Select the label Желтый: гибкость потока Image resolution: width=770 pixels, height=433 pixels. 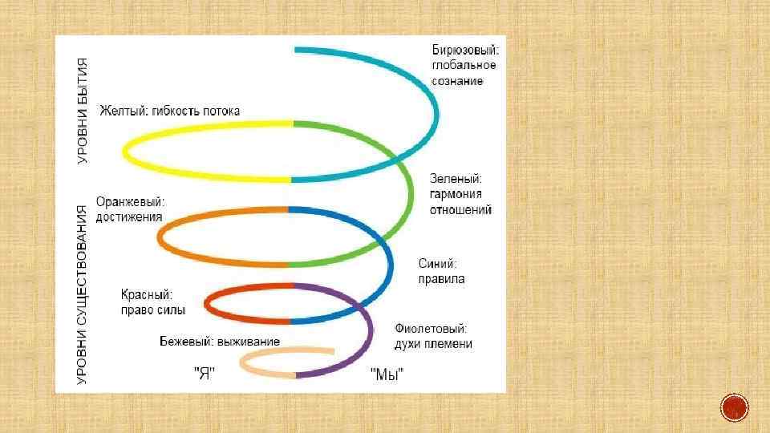[169, 111]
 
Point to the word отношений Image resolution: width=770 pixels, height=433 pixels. [461, 209]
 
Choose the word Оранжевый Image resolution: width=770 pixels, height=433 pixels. [130, 202]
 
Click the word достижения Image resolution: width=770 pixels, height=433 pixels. [129, 216]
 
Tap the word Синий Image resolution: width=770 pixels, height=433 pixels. [438, 263]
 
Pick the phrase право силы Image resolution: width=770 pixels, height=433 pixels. [153, 310]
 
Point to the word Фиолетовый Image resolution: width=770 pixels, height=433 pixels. [431, 329]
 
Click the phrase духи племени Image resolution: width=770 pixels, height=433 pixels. [433, 344]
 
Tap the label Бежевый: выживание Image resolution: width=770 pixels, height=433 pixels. [219, 342]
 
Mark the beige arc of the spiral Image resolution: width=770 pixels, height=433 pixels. [257, 372]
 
